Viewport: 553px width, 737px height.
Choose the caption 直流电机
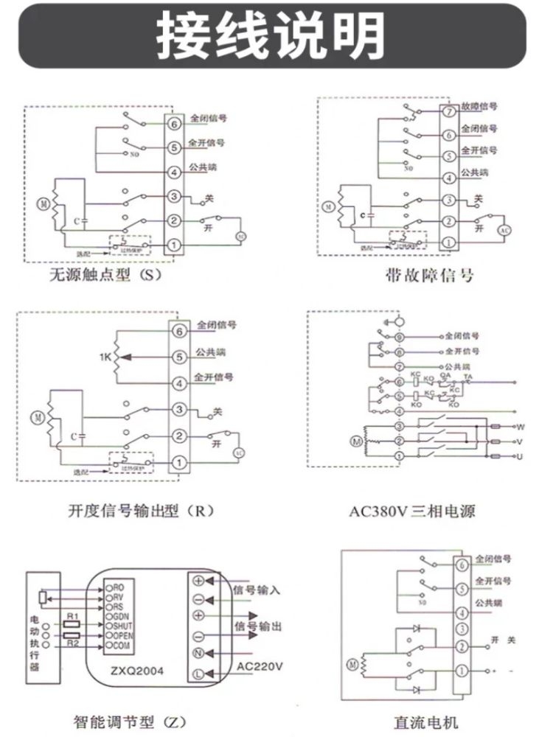(426, 721)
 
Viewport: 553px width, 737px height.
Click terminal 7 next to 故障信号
(448, 111)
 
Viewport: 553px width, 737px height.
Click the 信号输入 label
(257, 590)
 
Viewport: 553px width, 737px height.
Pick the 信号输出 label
(257, 626)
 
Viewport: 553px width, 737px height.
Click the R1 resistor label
(72, 615)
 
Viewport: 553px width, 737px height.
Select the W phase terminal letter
(520, 427)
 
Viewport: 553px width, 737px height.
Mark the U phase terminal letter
(520, 458)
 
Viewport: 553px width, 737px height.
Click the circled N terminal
(198, 653)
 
